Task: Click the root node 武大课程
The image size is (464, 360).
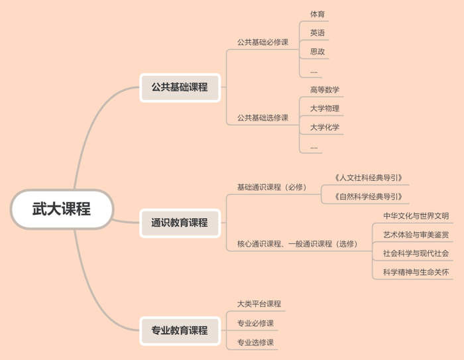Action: (x=62, y=209)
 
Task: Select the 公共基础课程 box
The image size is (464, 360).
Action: (x=180, y=87)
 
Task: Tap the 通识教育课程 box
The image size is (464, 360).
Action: (x=180, y=223)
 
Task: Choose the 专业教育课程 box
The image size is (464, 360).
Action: (x=180, y=330)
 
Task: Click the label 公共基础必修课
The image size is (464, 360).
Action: (x=262, y=42)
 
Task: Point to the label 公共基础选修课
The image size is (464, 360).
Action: (x=262, y=118)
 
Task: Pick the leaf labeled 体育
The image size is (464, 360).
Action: (x=318, y=14)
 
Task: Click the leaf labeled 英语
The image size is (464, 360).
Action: (x=318, y=32)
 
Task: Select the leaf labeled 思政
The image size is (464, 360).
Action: (x=318, y=51)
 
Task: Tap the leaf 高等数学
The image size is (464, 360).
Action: (x=325, y=90)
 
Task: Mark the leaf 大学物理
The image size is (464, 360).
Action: (x=325, y=108)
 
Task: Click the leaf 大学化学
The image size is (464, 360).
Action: (x=325, y=127)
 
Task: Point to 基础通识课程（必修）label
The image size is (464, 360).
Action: (x=272, y=187)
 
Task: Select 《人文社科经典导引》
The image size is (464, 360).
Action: (x=368, y=178)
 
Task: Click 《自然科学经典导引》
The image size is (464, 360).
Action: (x=368, y=196)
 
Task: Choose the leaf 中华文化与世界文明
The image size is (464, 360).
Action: (x=416, y=215)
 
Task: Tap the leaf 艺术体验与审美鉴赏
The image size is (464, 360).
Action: (x=416, y=234)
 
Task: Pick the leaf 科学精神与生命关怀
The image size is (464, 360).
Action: (x=416, y=272)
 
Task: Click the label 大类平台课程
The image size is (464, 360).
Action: (x=259, y=304)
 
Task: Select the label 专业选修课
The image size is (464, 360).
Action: (x=255, y=342)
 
